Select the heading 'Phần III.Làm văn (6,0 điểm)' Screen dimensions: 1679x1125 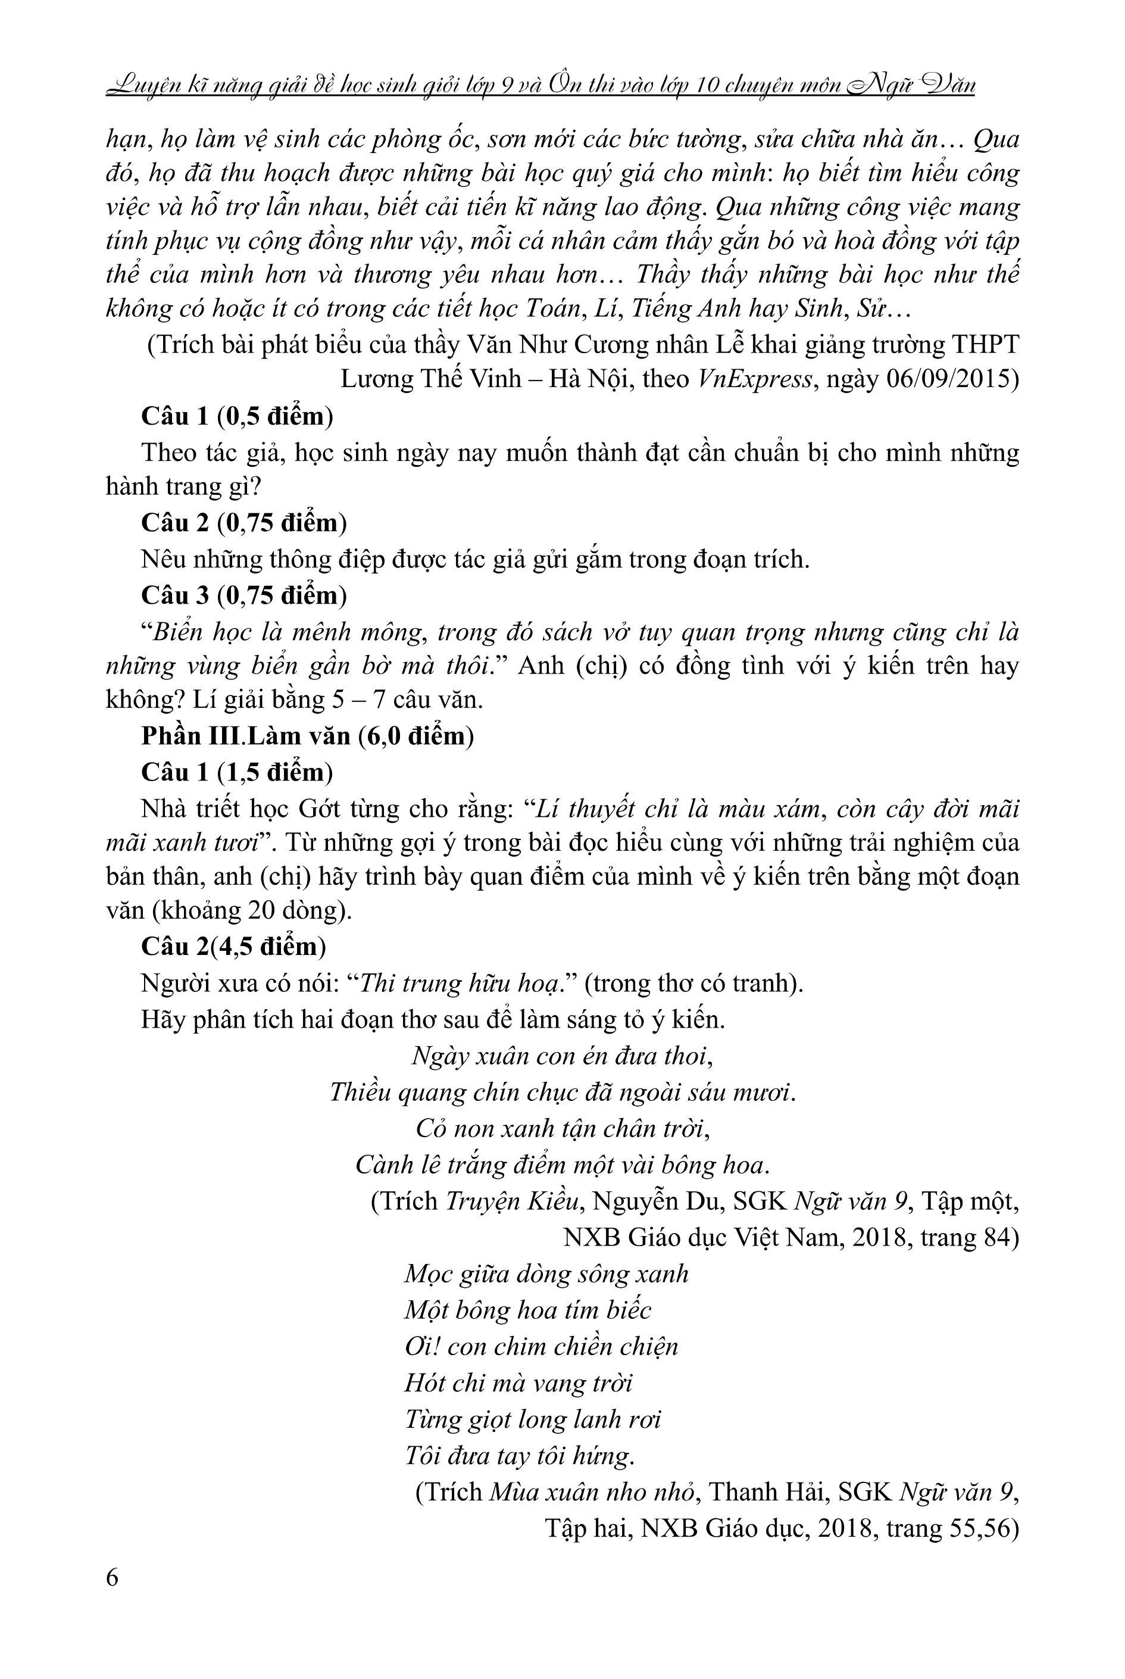(x=307, y=736)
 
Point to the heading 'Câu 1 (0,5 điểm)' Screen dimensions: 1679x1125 (x=237, y=416)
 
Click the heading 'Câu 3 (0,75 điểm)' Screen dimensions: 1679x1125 (x=244, y=595)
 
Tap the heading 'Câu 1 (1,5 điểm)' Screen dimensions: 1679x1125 (x=237, y=772)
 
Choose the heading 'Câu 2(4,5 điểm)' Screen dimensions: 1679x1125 (x=233, y=947)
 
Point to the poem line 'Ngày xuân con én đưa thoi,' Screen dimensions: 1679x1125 (x=562, y=1056)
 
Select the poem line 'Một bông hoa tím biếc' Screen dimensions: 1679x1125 (x=527, y=1310)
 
